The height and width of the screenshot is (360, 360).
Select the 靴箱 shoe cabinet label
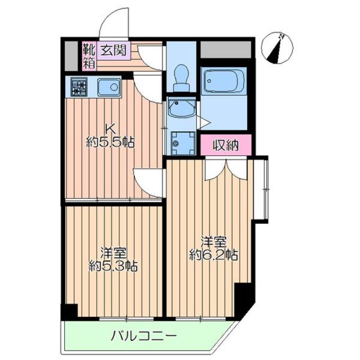pos(89,55)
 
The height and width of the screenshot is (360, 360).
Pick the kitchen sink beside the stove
pos(108,88)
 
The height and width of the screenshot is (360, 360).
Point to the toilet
pos(181,76)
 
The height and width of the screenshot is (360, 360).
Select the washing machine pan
pos(180,142)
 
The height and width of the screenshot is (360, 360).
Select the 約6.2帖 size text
pos(214,254)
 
